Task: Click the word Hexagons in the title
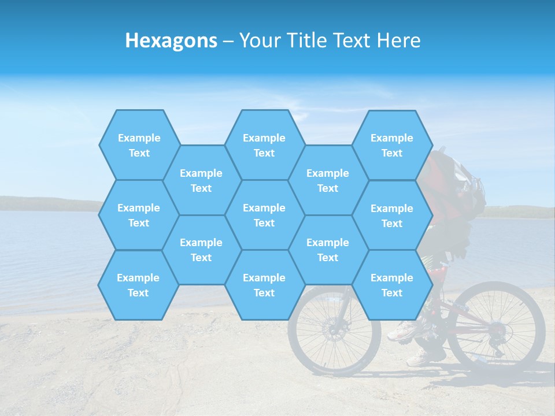point(171,40)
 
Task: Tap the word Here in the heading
point(398,40)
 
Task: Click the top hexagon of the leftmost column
point(139,145)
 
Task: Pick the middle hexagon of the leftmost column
point(139,215)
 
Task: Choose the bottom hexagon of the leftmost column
point(138,285)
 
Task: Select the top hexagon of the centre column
point(264,145)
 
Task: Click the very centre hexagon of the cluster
point(264,215)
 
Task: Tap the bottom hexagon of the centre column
point(264,285)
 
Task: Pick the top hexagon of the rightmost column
point(392,145)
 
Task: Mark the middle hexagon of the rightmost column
point(392,216)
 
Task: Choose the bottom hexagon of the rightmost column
point(392,285)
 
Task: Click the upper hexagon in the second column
point(201,180)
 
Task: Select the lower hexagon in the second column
point(201,250)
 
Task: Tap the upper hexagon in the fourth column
point(328,180)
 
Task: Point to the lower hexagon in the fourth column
point(328,250)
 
